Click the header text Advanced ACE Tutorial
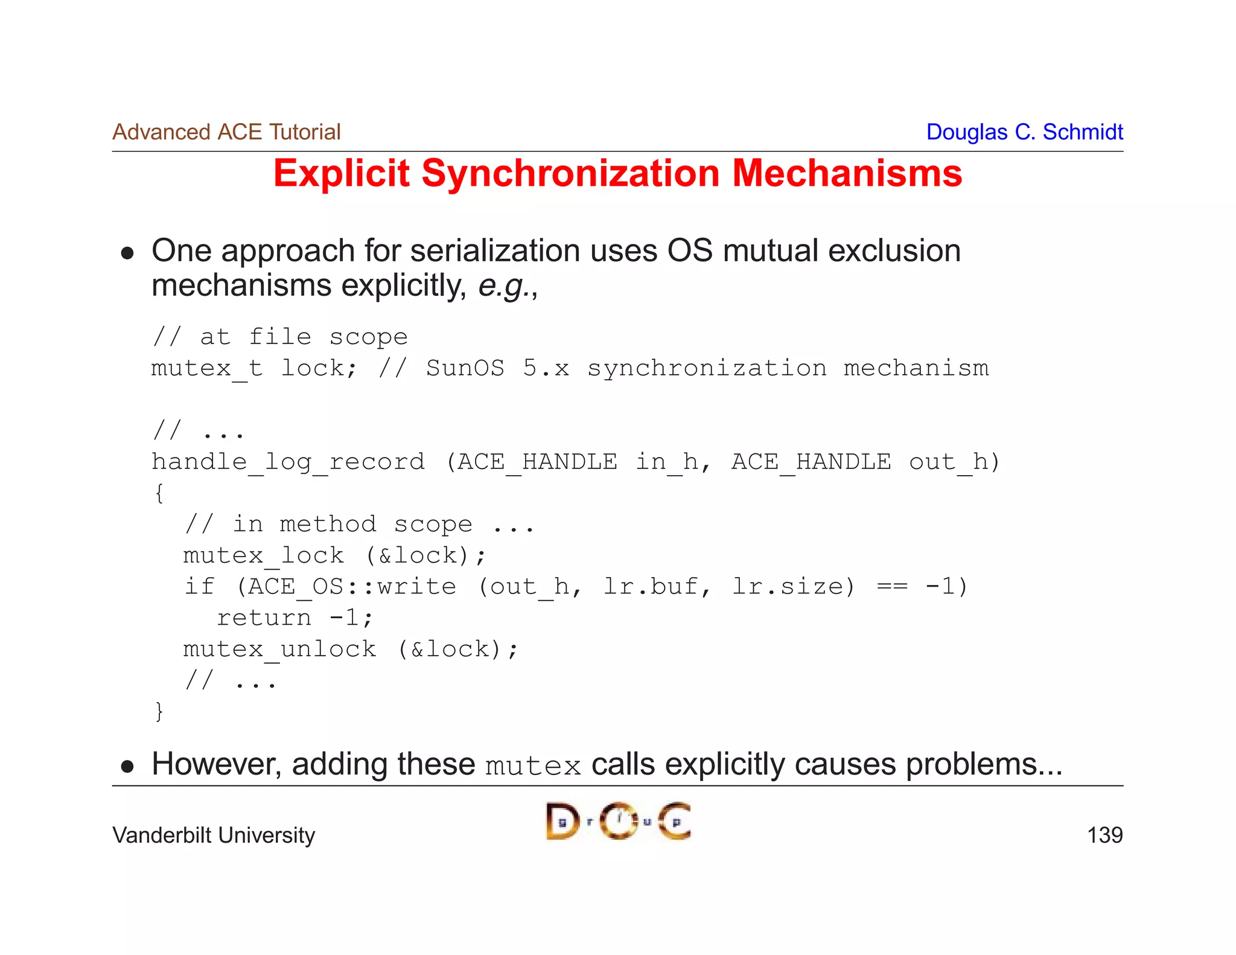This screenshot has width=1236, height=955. click(226, 132)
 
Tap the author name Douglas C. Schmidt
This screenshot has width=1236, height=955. click(1024, 132)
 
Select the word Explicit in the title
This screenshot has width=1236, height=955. click(341, 174)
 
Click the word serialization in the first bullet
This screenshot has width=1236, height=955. click(495, 251)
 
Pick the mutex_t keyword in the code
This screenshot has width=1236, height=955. click(206, 368)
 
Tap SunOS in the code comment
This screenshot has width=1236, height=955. click(465, 368)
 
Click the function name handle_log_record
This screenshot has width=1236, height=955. click(288, 462)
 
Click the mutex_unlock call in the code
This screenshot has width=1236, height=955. click(279, 650)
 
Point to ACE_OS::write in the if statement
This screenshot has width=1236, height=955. click(352, 587)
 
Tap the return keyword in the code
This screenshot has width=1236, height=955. click(264, 618)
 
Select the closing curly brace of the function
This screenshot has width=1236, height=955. click(159, 711)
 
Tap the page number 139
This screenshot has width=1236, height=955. click(1104, 835)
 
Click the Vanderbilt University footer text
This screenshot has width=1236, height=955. click(214, 835)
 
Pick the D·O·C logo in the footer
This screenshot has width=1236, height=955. click(618, 821)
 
